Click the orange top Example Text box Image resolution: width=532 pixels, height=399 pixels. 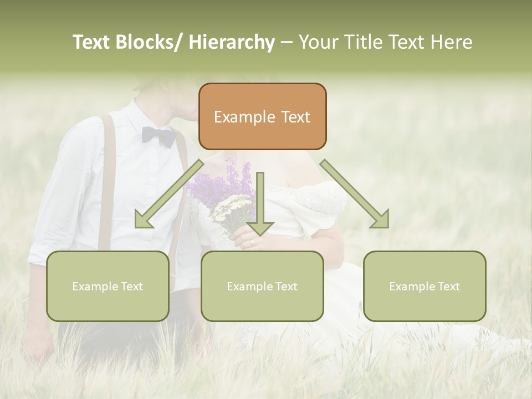coord(262,116)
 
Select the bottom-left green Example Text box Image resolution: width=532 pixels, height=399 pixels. coord(108,286)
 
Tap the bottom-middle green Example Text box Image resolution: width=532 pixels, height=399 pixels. coord(262,286)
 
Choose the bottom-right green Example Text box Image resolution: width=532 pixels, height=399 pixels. coord(424,286)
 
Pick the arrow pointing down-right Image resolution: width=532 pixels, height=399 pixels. coord(355,195)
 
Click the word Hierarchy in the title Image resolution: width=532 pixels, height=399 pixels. coord(231,42)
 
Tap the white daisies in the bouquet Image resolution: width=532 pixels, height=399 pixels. coord(232,208)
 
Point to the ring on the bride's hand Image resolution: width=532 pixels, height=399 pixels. coord(252,242)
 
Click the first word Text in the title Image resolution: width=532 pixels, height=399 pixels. coord(91,42)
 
